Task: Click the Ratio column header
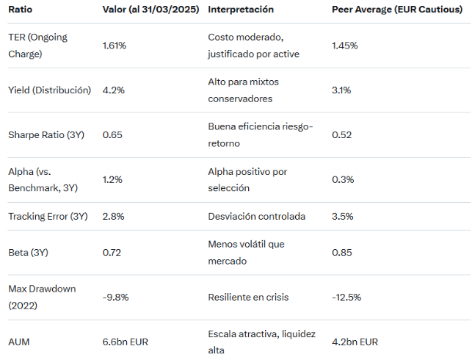click(20, 10)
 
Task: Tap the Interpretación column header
click(241, 10)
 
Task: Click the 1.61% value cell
click(115, 46)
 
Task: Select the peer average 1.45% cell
click(344, 46)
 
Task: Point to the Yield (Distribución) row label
click(49, 90)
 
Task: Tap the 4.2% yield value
click(113, 90)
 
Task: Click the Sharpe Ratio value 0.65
click(112, 135)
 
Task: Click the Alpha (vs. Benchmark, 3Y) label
click(43, 180)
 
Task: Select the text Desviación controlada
click(256, 217)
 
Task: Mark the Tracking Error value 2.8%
click(113, 217)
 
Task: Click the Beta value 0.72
click(112, 253)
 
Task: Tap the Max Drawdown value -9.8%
click(116, 298)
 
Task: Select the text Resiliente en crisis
click(248, 298)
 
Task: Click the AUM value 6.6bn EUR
click(127, 342)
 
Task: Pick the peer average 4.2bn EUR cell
click(355, 342)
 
